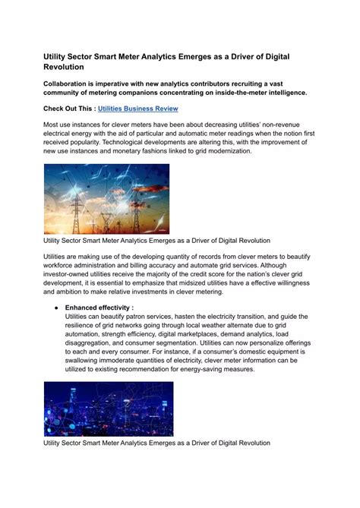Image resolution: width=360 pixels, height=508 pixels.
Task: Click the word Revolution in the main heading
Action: pos(68,66)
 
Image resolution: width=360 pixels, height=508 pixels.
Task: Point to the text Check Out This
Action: pos(68,109)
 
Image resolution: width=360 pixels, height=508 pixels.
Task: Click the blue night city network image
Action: pos(108,408)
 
